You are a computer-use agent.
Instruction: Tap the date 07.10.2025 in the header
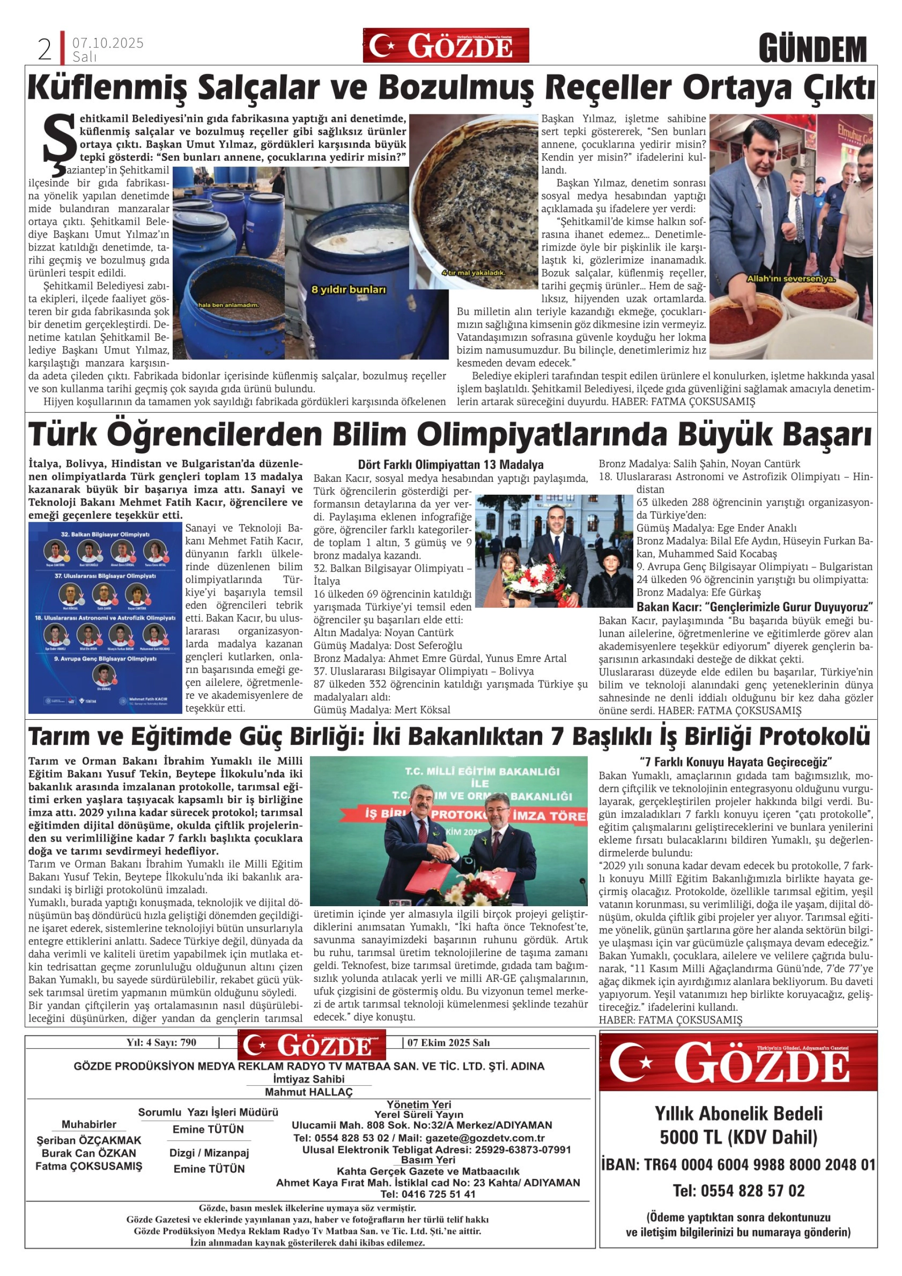[108, 43]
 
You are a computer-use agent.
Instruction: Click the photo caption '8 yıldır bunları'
[348, 290]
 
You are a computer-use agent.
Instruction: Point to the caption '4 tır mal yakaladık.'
[473, 273]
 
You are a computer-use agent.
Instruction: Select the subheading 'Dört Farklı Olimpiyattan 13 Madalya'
[451, 465]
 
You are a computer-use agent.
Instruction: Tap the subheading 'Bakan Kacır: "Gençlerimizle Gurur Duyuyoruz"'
[755, 606]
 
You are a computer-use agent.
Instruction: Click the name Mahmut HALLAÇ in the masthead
[309, 1091]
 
